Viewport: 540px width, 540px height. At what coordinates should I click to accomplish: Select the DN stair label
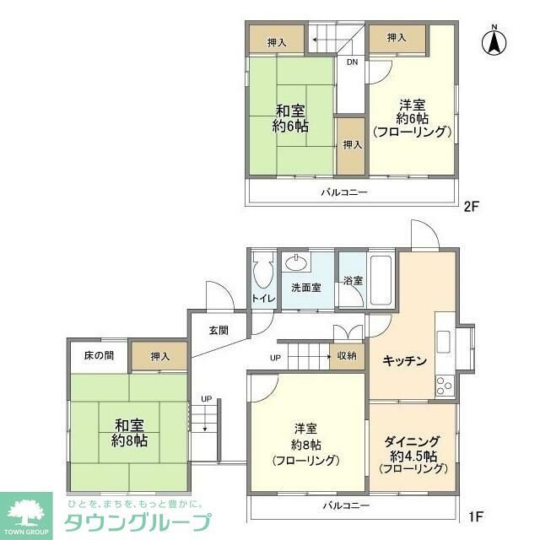coord(351,62)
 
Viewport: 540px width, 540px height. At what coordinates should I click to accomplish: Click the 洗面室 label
coord(306,288)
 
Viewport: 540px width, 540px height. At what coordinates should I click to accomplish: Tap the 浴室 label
coord(352,280)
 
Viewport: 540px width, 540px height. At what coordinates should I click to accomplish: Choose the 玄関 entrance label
coord(219,331)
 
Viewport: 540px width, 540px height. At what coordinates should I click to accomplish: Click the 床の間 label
coord(98,356)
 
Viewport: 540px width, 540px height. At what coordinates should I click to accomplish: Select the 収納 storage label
coord(347,356)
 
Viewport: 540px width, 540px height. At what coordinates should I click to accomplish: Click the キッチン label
coord(403,360)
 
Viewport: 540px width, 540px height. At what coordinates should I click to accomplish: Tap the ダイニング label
coord(411,440)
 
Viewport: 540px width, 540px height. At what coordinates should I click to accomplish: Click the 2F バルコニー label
coord(344,193)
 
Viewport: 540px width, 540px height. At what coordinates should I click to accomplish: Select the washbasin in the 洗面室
coord(297,262)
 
